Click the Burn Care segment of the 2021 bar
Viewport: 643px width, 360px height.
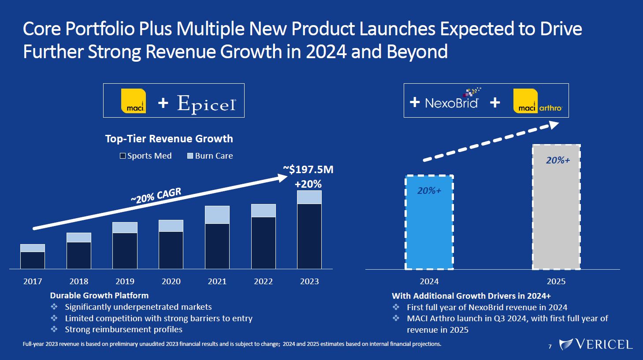pos(217,215)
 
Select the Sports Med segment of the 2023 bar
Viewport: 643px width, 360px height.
pos(309,236)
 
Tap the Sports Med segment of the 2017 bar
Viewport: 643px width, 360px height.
pos(33,260)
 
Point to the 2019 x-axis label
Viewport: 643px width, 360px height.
pos(125,282)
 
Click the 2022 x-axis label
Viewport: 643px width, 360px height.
pos(263,282)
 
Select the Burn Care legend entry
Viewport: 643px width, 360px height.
pos(210,156)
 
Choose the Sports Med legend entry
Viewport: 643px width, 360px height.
pos(146,156)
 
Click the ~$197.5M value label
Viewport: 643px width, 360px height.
pos(308,170)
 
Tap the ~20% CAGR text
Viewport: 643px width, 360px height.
pos(156,195)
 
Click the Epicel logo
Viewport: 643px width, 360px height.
pos(206,104)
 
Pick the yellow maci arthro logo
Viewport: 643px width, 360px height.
pos(538,101)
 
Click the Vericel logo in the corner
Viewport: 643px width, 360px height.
pos(596,344)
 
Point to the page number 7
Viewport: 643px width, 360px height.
pos(550,347)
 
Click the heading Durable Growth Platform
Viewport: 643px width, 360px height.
pos(99,296)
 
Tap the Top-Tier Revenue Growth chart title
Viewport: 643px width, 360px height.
pos(169,139)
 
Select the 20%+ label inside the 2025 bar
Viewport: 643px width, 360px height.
pos(558,160)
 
